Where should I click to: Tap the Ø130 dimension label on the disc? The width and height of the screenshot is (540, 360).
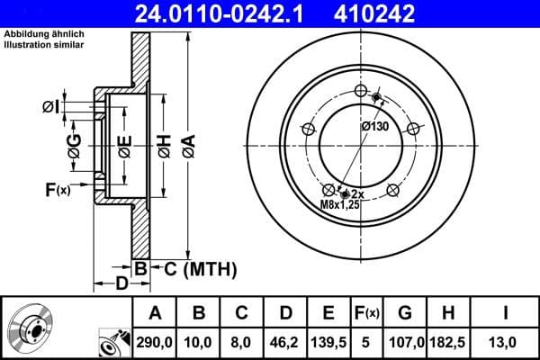(374, 127)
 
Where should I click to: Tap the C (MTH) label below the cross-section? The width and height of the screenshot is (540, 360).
(194, 267)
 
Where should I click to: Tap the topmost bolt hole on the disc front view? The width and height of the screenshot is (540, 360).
(362, 93)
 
